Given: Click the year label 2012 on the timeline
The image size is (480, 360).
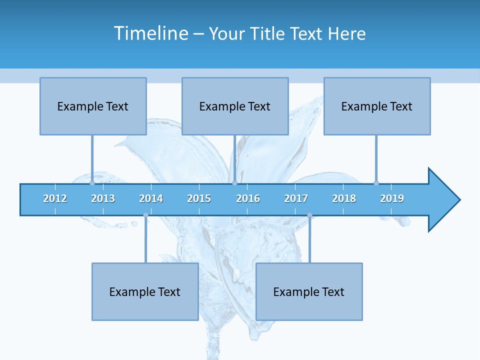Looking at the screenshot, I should pos(55,198).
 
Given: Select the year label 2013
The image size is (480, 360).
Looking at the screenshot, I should pos(103,198).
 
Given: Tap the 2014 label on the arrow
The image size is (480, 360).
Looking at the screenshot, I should pos(151,198).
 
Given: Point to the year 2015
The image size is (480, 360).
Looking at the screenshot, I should pos(199,198).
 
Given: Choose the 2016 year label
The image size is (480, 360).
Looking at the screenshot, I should pos(248,198).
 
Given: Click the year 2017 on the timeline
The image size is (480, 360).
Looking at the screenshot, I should pos(296,198).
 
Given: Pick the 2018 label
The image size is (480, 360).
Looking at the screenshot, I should pos(344,198).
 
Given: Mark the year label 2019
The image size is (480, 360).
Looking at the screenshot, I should pos(392,198).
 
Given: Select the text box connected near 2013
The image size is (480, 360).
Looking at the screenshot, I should pos(93,106).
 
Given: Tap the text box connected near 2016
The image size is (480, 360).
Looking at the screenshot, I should pos(235,106).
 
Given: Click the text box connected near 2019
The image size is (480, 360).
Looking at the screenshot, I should pos(377,106).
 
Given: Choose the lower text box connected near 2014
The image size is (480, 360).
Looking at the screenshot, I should pos(145,291).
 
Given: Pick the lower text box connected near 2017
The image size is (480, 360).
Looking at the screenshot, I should pos(309,291).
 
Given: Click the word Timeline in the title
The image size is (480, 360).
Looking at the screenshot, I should pos(150,33).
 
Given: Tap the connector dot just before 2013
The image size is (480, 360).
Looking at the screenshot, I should pos(92,183).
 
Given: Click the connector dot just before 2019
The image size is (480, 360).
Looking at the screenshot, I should pos(376,183).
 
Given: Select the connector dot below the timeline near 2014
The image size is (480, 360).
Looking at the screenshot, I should pos(145,215).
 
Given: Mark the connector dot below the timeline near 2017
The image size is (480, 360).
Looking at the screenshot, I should pos(309,215).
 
